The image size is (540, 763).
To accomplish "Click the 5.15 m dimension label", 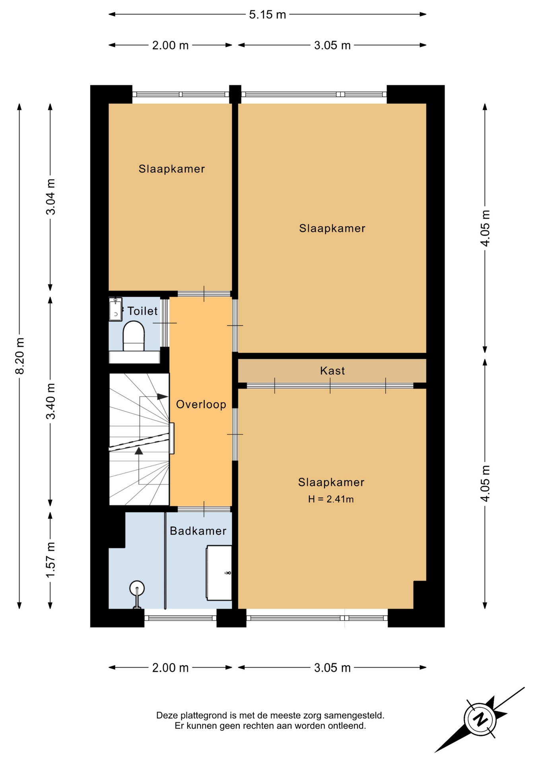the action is click(x=267, y=15).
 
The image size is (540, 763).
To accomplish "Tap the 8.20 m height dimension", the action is click(x=19, y=356).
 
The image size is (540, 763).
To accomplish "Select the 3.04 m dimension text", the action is click(x=51, y=197).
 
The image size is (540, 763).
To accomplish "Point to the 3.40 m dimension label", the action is click(x=51, y=401).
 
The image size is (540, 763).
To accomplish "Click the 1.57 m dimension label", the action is click(x=51, y=560).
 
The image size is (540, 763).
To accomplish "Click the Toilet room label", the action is click(x=142, y=311).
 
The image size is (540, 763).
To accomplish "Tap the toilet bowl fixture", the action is click(x=134, y=336).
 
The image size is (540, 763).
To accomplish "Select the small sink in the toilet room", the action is click(x=115, y=310).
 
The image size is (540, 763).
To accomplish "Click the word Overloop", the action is click(x=201, y=405).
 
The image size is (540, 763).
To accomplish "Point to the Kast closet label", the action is click(x=332, y=371).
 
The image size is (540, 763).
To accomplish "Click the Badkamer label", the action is click(x=198, y=531).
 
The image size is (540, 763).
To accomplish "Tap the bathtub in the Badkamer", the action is click(x=219, y=573).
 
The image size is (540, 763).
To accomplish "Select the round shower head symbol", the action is click(x=137, y=588).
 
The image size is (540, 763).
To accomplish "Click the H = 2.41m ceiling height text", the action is click(x=331, y=499).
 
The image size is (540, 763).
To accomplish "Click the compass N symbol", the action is click(x=480, y=719).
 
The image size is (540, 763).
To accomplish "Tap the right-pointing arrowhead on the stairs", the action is click(x=163, y=397).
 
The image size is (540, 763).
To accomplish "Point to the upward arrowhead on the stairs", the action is click(x=139, y=451).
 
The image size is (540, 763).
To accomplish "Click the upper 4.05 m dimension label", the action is click(x=485, y=228).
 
